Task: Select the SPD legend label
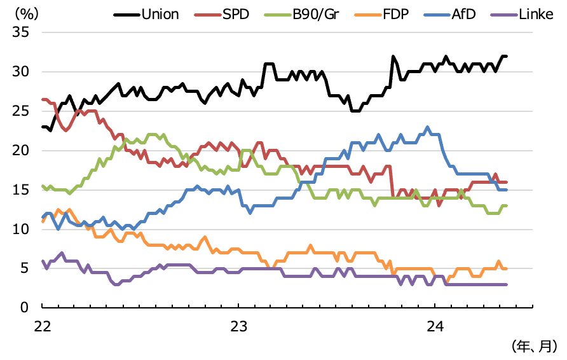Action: (236, 13)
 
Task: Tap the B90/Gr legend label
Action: (316, 13)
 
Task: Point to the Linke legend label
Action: (536, 13)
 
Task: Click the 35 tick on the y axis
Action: (24, 32)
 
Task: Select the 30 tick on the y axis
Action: (24, 72)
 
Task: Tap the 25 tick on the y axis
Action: (24, 111)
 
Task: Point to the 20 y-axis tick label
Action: (24, 151)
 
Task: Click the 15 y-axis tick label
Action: (24, 190)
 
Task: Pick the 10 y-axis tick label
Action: (24, 229)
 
